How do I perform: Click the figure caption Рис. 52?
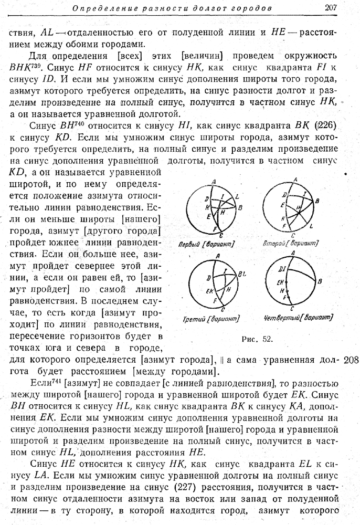click(x=257, y=339)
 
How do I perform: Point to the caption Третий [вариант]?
click(x=211, y=319)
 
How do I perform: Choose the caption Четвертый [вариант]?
click(x=297, y=318)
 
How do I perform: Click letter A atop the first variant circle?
click(x=214, y=182)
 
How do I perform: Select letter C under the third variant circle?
click(x=223, y=309)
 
